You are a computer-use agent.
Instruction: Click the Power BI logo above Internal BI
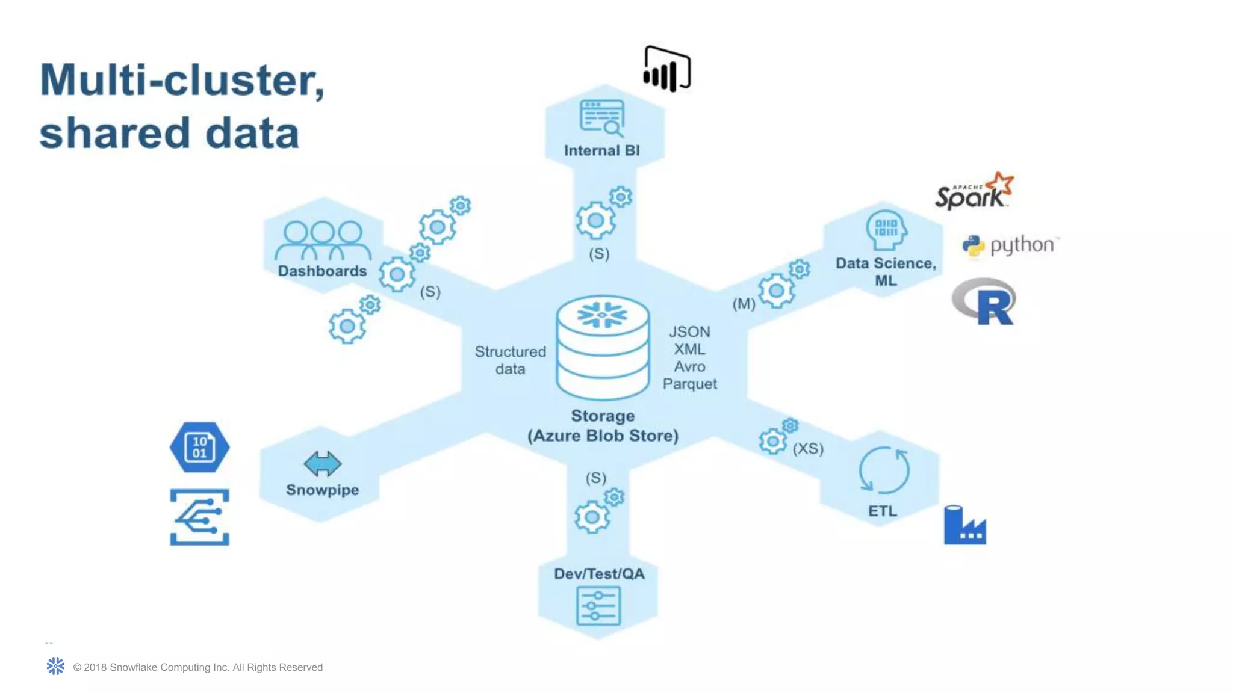666,69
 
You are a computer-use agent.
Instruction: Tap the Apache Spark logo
974,192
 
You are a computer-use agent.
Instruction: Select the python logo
1010,245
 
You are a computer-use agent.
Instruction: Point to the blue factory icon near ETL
964,526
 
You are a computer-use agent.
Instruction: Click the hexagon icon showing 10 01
199,447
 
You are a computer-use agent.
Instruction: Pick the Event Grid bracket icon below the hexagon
199,517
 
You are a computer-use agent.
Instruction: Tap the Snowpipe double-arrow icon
322,463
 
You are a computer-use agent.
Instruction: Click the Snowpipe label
322,490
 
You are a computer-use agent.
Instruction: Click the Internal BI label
601,150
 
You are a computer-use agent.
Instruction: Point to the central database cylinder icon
603,347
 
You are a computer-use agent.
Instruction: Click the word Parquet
689,384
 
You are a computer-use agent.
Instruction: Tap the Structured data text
510,360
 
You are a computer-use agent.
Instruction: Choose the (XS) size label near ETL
807,449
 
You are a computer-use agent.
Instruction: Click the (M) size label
744,304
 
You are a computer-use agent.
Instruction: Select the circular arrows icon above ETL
884,470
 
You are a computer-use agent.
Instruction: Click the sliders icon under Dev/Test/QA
598,606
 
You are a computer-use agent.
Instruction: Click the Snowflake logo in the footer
55,666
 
